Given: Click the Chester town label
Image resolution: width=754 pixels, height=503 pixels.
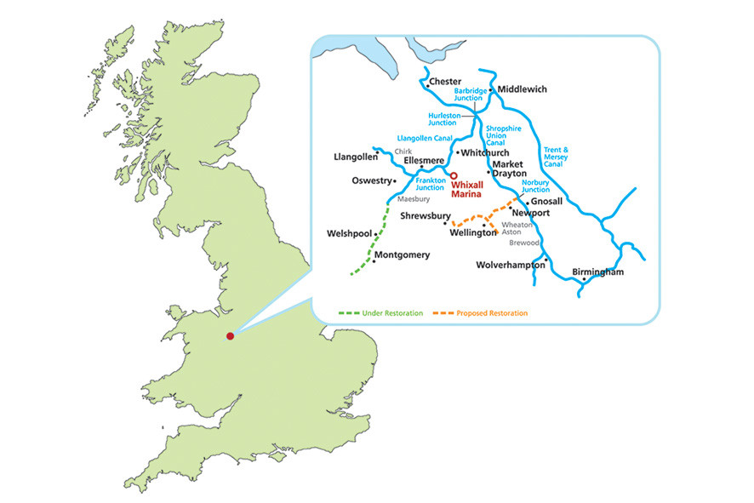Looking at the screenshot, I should (x=446, y=82).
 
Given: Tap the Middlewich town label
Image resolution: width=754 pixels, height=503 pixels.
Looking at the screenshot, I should (x=522, y=89).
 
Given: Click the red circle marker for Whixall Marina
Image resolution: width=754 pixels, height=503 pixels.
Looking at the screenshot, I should (x=454, y=175).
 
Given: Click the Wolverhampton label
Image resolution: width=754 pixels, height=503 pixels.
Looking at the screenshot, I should (x=510, y=265).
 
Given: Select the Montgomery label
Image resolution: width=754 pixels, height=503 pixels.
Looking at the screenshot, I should (x=402, y=254).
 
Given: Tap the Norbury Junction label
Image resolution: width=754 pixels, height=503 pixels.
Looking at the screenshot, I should (x=535, y=186).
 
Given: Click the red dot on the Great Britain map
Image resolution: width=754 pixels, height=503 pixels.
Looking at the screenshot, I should (x=230, y=336).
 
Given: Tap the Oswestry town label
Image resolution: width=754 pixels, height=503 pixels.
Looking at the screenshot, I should (x=371, y=180).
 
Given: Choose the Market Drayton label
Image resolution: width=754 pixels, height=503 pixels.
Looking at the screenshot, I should (x=510, y=168).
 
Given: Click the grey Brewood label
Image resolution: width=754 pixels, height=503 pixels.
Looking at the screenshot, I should (x=526, y=243).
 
